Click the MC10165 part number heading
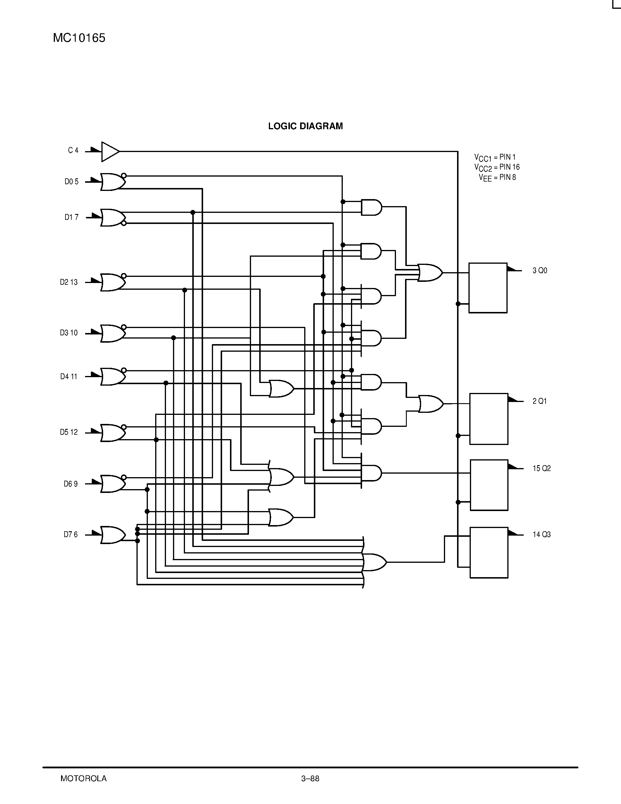79,38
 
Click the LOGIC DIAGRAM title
305,126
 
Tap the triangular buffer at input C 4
110,151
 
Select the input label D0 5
71,182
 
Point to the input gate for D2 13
113,282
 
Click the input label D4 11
69,377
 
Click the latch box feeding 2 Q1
489,419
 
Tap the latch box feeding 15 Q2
489,485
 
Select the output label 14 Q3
542,534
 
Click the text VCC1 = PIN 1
495,158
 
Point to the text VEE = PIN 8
497,178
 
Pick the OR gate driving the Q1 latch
430,404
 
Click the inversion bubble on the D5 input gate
124,427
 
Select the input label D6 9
71,484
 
